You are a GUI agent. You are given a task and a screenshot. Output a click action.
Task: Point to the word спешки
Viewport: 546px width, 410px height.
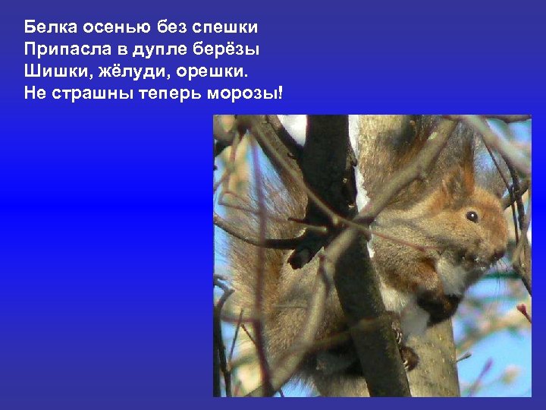226,29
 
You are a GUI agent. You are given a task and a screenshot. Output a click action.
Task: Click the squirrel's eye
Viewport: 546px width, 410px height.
471,216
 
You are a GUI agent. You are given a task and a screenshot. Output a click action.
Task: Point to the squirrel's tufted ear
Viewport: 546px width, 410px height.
464,175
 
